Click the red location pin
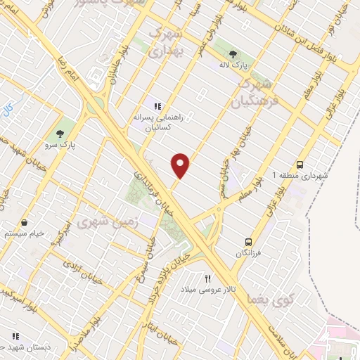point(181,165)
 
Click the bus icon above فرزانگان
point(247,240)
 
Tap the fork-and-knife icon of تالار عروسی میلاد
point(207,278)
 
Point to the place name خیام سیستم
point(25,233)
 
